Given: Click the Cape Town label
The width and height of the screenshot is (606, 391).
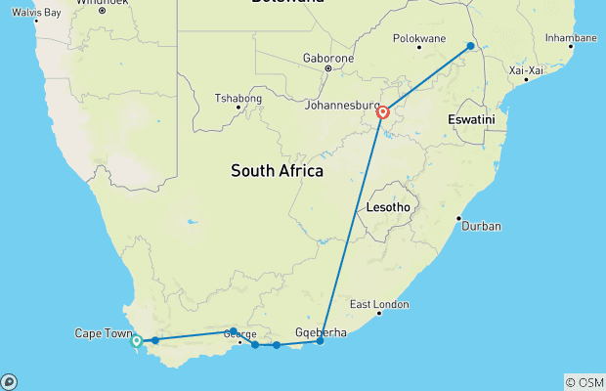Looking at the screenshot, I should (x=102, y=333).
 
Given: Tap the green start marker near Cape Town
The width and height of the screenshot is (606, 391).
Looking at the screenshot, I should (x=137, y=341).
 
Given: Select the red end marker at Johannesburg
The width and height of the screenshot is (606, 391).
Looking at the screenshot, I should (x=384, y=111).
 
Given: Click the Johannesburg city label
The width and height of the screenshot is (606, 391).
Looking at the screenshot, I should (x=342, y=105).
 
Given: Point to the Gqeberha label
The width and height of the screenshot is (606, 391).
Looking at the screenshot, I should (x=321, y=332).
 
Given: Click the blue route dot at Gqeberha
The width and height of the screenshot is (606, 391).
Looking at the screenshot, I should (x=320, y=341).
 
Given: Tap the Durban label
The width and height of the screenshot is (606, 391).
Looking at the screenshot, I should (x=483, y=226).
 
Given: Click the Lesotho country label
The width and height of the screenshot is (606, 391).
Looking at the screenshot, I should (x=388, y=208).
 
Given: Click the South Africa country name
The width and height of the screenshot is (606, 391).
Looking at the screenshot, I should (x=277, y=171).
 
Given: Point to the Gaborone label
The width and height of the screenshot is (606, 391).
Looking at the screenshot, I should (x=327, y=56).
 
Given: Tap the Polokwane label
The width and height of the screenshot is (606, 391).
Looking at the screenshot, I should (x=418, y=39).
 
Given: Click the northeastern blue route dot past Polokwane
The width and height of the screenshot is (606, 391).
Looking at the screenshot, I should (x=471, y=46).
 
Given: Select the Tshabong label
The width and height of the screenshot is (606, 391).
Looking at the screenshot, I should (x=238, y=98).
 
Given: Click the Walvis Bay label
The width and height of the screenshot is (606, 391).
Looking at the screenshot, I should (x=37, y=12).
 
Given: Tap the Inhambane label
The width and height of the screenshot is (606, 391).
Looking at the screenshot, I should (x=570, y=38).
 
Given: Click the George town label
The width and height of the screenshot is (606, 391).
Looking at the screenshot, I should (x=239, y=334).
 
